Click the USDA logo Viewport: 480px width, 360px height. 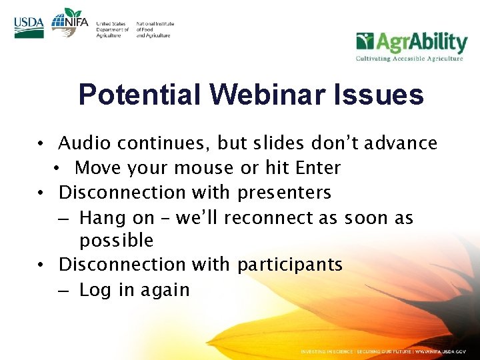29,27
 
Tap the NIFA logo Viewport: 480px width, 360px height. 69,23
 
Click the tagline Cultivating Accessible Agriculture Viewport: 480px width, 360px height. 409,59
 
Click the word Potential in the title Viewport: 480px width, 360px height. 140,95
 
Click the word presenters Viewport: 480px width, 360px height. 284,193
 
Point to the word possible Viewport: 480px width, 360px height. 116,241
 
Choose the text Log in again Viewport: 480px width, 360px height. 134,290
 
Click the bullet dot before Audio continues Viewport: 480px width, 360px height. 41,144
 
